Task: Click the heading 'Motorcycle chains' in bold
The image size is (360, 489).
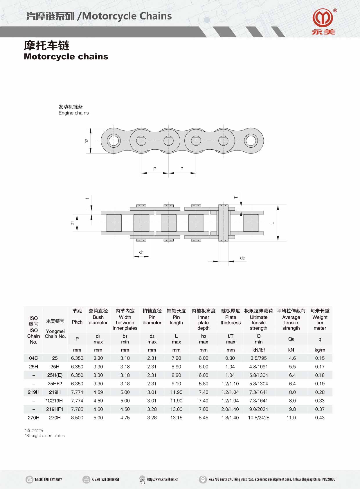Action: click(66, 57)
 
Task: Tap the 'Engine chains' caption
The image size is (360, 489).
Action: click(73, 113)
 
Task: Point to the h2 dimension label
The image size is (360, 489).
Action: click(87, 141)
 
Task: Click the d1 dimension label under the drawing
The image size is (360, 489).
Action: click(141, 252)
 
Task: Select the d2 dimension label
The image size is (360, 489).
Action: click(242, 258)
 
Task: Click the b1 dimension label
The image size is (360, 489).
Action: click(72, 223)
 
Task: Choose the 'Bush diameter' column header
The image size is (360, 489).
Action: click(98, 320)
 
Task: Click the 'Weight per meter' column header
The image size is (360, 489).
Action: click(320, 323)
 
